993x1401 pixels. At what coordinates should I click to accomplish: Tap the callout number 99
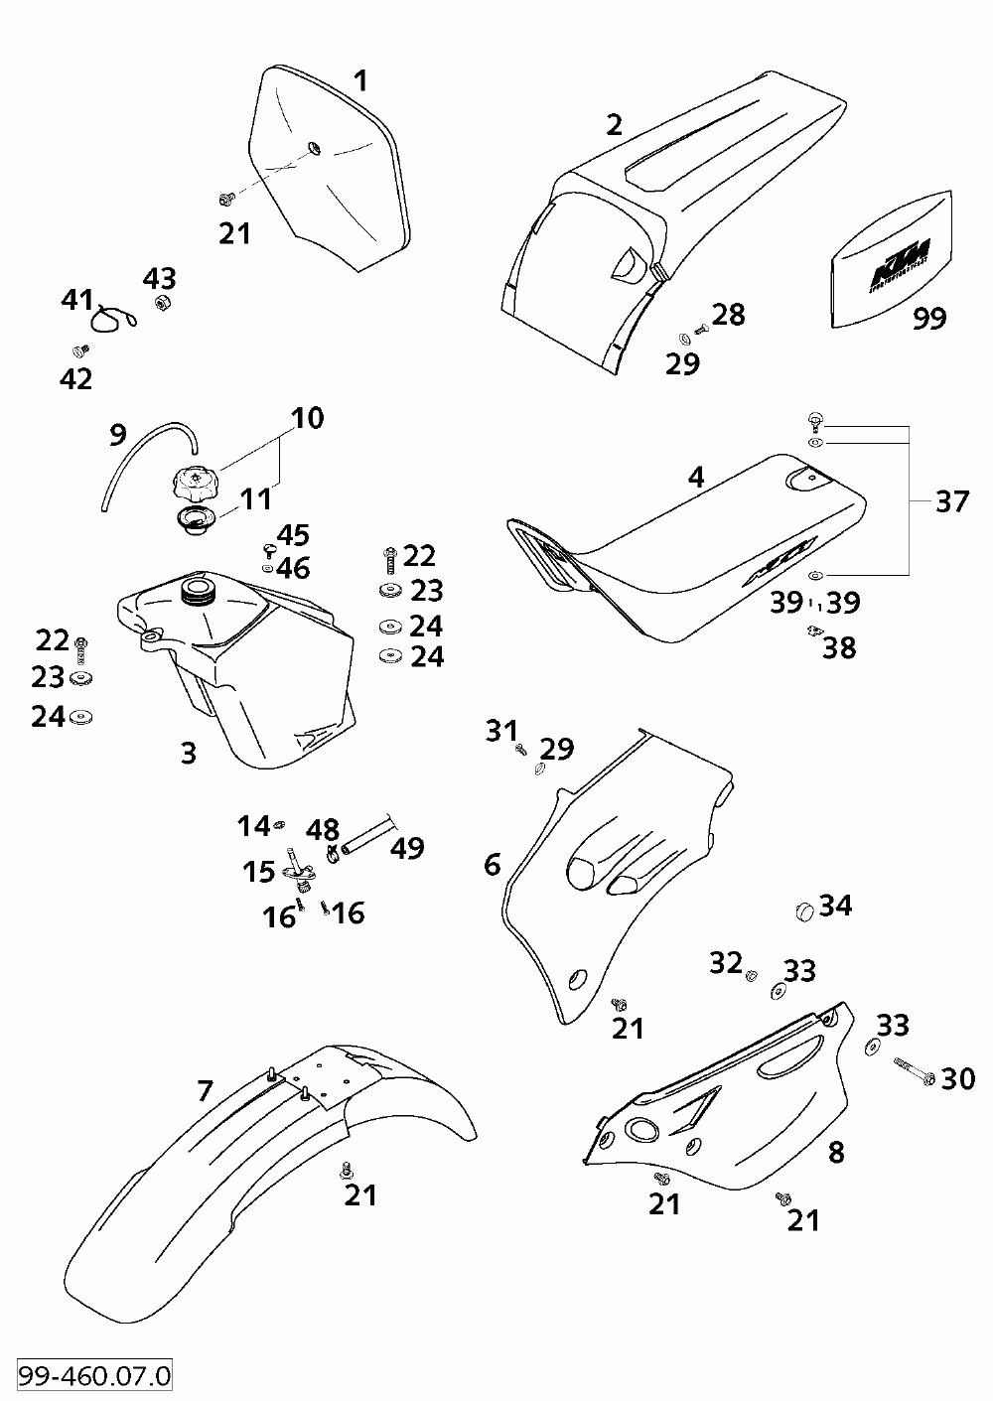(928, 318)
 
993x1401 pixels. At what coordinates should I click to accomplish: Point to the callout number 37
(951, 502)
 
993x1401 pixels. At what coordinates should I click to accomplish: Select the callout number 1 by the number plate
(360, 80)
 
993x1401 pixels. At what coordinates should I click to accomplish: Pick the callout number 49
(407, 848)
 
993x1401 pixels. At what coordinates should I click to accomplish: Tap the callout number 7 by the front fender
(205, 1091)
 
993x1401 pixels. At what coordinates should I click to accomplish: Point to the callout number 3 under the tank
(189, 753)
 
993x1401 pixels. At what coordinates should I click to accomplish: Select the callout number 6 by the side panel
(493, 864)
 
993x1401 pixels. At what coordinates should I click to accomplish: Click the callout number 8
(836, 1152)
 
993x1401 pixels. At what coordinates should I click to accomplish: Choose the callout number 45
(293, 535)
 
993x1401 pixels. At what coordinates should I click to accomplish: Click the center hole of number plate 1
(314, 149)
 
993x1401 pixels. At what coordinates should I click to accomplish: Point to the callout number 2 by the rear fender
(615, 124)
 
